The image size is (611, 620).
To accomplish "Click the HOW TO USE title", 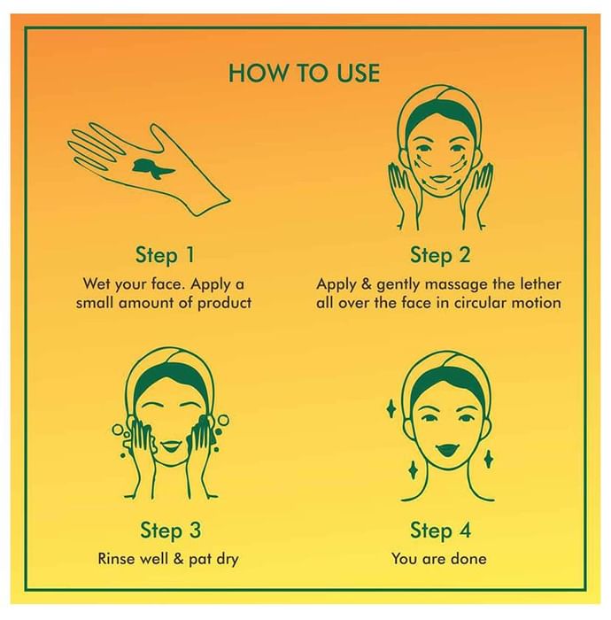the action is (305, 74).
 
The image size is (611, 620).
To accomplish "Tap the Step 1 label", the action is (166, 254).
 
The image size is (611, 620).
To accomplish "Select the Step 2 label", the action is (440, 254).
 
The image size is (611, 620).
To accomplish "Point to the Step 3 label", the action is (170, 530).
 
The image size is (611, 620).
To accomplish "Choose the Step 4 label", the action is (440, 530).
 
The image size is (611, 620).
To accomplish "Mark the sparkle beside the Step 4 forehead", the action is (391, 409).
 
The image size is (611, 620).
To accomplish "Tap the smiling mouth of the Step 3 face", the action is (170, 446).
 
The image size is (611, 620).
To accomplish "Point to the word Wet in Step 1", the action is (97, 284).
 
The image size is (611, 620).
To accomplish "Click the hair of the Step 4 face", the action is (447, 382).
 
